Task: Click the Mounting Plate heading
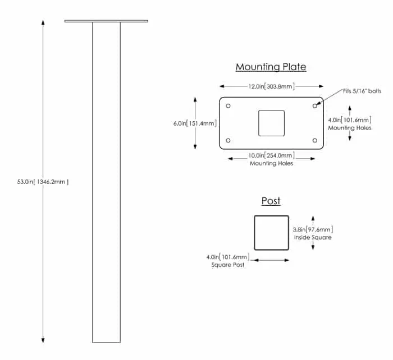point(271,67)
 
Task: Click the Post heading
point(271,201)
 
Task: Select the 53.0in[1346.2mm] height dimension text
point(43,182)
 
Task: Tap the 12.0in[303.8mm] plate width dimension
point(271,86)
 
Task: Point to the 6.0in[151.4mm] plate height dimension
point(195,123)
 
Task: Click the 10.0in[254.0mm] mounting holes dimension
point(271,155)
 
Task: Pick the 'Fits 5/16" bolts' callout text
point(362,91)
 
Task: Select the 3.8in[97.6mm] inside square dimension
point(313,229)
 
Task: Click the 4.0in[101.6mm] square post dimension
point(228,257)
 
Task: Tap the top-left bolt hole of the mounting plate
point(228,106)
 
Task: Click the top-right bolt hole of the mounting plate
point(315,106)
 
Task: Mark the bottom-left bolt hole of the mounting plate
point(228,140)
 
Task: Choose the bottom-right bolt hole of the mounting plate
point(315,140)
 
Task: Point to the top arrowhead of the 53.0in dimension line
point(43,22)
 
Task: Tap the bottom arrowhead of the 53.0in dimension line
point(43,340)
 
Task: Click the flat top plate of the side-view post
point(106,21)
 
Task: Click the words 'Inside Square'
point(313,237)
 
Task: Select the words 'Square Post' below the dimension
point(228,265)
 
